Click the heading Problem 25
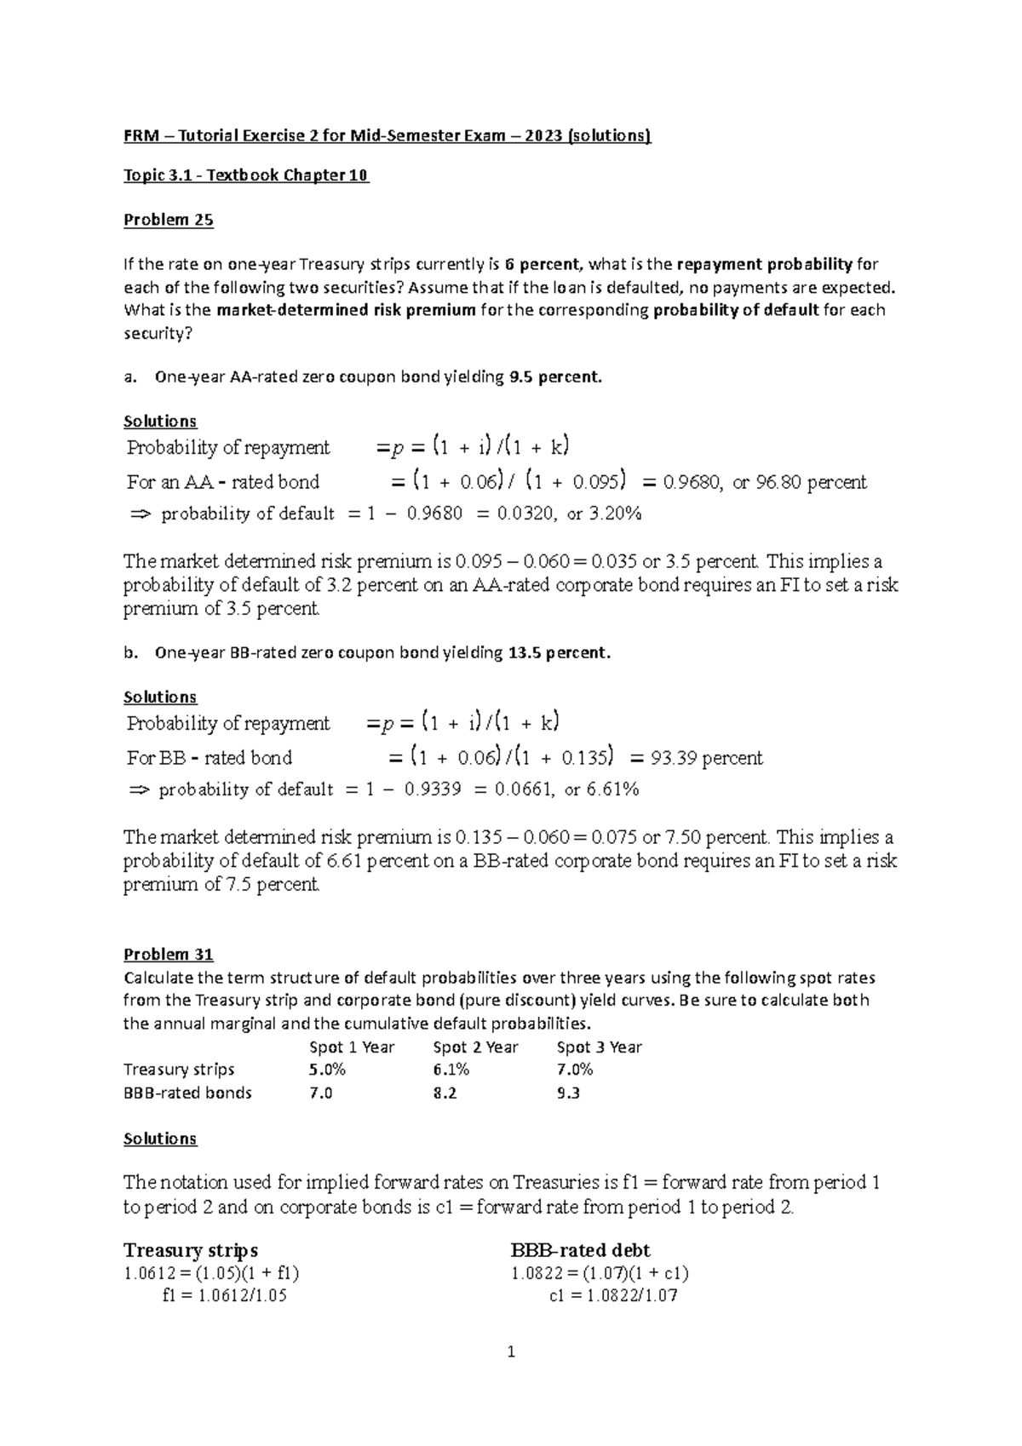click(x=168, y=220)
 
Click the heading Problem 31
click(x=168, y=954)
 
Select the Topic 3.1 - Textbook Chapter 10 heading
click(x=246, y=175)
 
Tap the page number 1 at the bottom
click(x=511, y=1351)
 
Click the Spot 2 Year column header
click(x=475, y=1047)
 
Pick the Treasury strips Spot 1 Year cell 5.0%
click(x=327, y=1069)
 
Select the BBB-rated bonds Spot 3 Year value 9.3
click(x=568, y=1093)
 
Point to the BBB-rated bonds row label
click(x=187, y=1093)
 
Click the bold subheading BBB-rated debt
click(x=580, y=1250)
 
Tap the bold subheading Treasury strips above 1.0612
click(x=190, y=1250)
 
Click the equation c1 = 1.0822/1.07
click(x=613, y=1296)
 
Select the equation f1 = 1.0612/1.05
click(x=224, y=1296)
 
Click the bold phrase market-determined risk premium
click(x=346, y=310)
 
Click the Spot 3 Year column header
click(x=599, y=1047)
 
